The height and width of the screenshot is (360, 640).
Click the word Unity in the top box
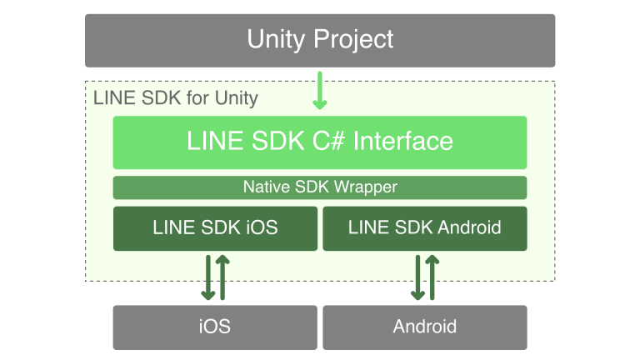[x=276, y=40]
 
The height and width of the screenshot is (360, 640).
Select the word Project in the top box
[x=353, y=40]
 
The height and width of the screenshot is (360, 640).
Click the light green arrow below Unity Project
[x=320, y=91]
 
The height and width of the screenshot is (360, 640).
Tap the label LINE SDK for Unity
[x=176, y=98]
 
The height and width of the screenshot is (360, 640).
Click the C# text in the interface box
[x=329, y=141]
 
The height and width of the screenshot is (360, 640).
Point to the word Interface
[x=403, y=141]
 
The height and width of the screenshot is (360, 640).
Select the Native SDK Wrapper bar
[x=320, y=187]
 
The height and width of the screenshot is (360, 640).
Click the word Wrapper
[x=365, y=187]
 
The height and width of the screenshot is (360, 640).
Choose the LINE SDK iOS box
[x=216, y=228]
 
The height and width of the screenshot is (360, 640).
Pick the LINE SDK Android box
[x=425, y=228]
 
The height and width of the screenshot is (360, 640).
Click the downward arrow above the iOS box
[x=208, y=277]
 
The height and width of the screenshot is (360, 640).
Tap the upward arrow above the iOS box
[x=222, y=277]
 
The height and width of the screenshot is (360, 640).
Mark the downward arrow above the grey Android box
[x=417, y=277]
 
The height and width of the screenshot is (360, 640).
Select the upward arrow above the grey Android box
[x=432, y=277]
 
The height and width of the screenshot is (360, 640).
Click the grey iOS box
[x=215, y=327]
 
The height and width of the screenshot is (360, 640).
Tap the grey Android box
[x=425, y=327]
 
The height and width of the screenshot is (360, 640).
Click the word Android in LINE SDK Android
[x=469, y=227]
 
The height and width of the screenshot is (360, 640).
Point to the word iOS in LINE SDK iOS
[x=262, y=227]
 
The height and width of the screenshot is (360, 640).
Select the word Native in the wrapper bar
[x=267, y=187]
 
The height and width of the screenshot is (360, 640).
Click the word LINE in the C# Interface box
[x=216, y=141]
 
